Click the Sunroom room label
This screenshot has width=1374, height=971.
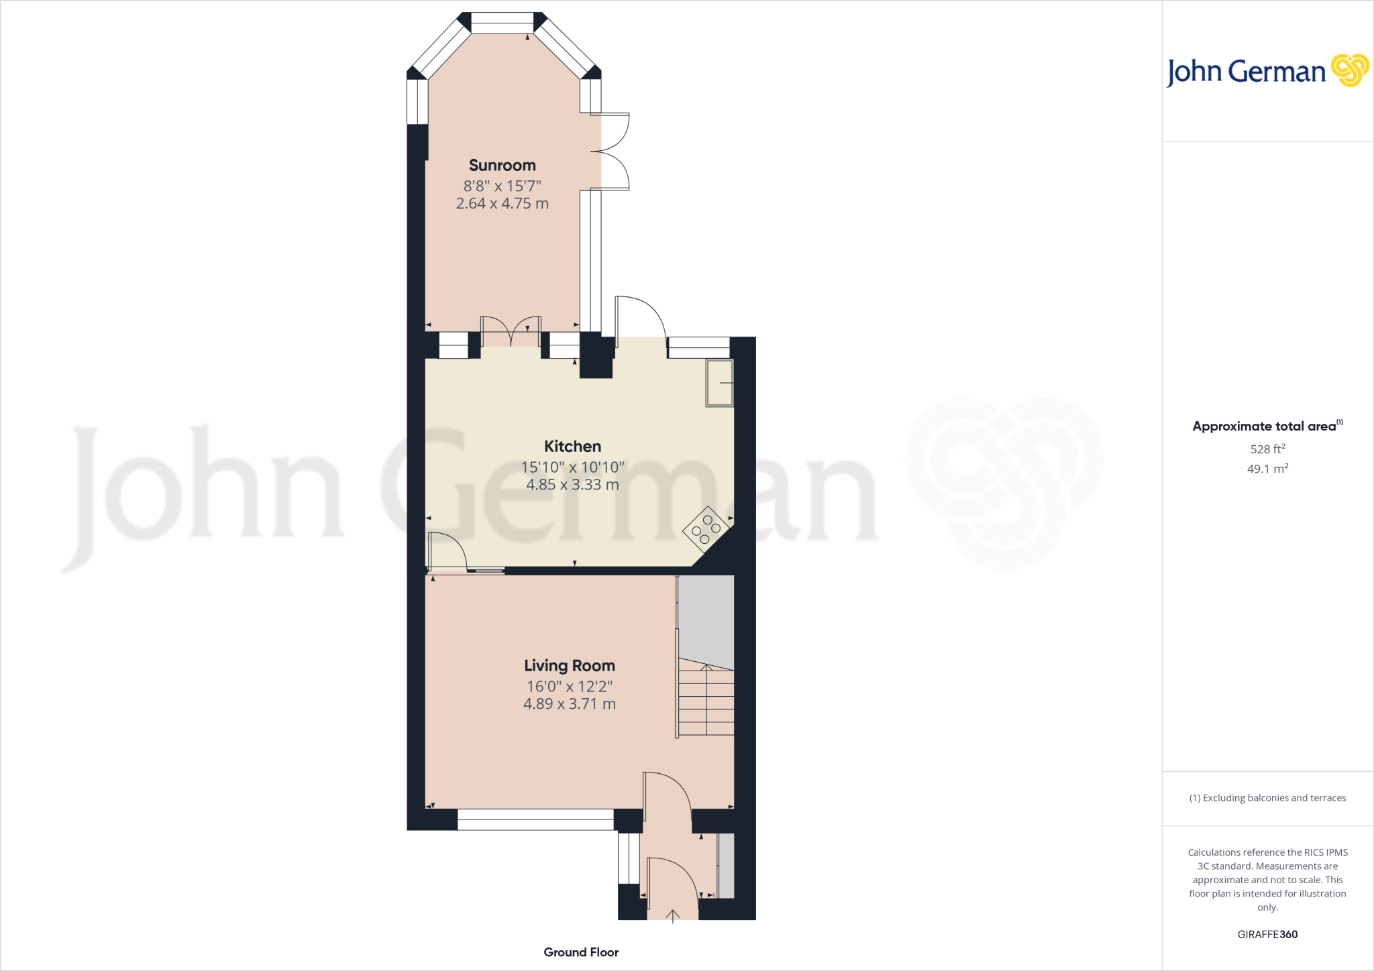coord(502,166)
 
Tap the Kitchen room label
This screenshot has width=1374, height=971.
coord(572,447)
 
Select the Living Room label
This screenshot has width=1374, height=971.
coord(570,666)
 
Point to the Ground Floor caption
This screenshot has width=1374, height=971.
coord(581,952)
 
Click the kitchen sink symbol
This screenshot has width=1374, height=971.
coord(719,383)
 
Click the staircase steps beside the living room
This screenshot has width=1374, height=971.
coord(706,697)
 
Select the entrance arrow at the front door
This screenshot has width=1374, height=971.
coord(672,916)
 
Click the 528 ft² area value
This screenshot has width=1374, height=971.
coord(1267,449)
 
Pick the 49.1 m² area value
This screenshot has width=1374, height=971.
coord(1267,469)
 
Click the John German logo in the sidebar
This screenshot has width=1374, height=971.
coord(1267,71)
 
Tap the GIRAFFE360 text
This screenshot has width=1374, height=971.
coord(1267,934)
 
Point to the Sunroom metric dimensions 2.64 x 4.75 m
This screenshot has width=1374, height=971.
coord(502,204)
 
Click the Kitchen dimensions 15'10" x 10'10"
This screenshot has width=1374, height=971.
coord(572,467)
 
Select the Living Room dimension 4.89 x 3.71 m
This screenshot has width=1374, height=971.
coord(570,704)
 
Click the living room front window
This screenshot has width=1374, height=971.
coord(535,819)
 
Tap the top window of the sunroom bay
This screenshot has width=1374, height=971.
coord(503,23)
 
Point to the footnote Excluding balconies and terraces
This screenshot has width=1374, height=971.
coord(1267,798)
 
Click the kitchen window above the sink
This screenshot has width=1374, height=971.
coord(698,347)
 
